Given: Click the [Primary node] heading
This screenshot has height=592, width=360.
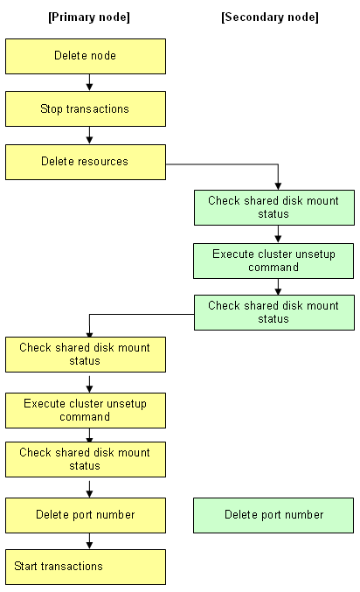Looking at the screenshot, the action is click(x=89, y=17).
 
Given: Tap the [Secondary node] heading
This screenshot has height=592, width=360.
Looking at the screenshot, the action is click(x=270, y=17).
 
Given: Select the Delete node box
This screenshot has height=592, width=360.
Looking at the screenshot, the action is click(x=86, y=56).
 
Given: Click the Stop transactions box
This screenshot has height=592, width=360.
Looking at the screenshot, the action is click(x=86, y=108).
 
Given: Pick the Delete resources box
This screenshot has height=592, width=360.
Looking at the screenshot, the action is click(x=86, y=162).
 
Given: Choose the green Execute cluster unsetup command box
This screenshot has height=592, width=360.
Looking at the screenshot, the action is click(x=273, y=261).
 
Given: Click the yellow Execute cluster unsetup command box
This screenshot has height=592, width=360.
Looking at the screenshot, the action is click(x=86, y=410).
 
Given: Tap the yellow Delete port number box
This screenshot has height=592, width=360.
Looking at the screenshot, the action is click(x=86, y=515).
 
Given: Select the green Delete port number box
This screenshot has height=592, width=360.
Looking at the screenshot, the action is click(x=273, y=515).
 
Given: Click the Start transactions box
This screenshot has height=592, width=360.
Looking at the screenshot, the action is click(x=86, y=568).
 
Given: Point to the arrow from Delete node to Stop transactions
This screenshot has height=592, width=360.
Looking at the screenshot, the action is click(x=89, y=82).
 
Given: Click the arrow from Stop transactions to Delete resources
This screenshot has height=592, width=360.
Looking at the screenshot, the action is click(x=89, y=136).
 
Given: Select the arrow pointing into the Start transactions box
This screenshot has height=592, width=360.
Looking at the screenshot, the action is click(x=89, y=541).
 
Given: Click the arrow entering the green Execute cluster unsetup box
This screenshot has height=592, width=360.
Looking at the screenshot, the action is click(x=278, y=234).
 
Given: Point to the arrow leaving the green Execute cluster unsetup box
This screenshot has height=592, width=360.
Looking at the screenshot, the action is click(x=278, y=287).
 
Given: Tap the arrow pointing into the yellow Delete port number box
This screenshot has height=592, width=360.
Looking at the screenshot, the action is click(x=89, y=489).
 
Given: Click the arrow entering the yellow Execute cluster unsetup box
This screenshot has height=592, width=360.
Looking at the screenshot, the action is click(x=89, y=384).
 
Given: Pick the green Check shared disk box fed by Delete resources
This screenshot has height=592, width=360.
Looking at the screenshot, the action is click(x=274, y=207).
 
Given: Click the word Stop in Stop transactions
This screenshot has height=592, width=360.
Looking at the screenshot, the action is click(x=52, y=109).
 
